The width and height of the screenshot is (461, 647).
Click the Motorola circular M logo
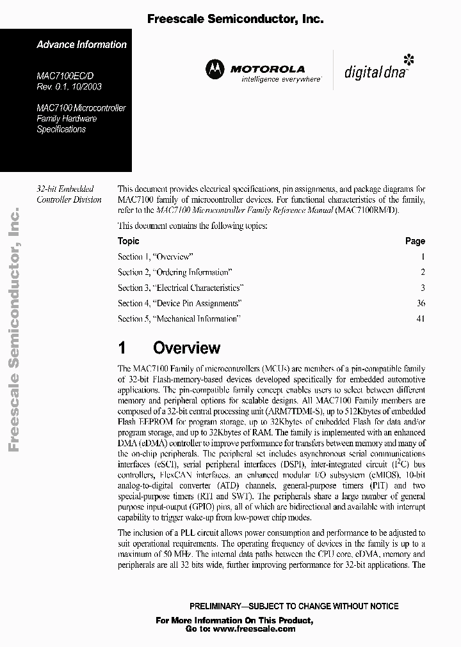[x=216, y=70]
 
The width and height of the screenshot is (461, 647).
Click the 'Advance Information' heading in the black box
[x=81, y=45]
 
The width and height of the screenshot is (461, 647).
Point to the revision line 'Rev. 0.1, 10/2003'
[x=69, y=86]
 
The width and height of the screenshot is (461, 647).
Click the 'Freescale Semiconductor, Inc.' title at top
[x=235, y=19]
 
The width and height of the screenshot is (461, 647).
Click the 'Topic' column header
[x=128, y=241]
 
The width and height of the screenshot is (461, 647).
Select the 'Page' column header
[x=415, y=241]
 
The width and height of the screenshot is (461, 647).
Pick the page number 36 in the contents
[x=420, y=303]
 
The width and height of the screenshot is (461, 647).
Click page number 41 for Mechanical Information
[x=420, y=318]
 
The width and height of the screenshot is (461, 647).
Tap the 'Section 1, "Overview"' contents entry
[x=155, y=257]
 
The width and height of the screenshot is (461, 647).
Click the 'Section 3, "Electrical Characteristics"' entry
[x=181, y=288]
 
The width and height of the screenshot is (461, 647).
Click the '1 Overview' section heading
[x=169, y=348]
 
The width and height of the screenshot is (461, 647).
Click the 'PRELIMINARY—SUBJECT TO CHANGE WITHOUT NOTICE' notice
[x=294, y=606]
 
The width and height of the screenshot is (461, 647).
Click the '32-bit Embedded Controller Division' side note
[x=69, y=194]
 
